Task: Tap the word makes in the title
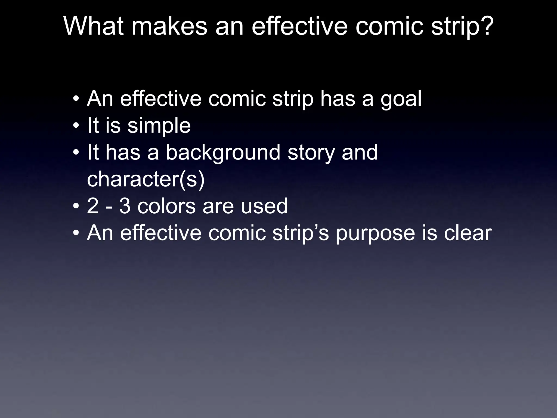click(169, 26)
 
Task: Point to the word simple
click(159, 126)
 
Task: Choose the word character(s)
click(146, 180)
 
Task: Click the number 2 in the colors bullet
click(93, 206)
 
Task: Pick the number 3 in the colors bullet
click(125, 206)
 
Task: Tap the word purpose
click(375, 233)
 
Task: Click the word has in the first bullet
click(338, 99)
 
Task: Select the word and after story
click(360, 152)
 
